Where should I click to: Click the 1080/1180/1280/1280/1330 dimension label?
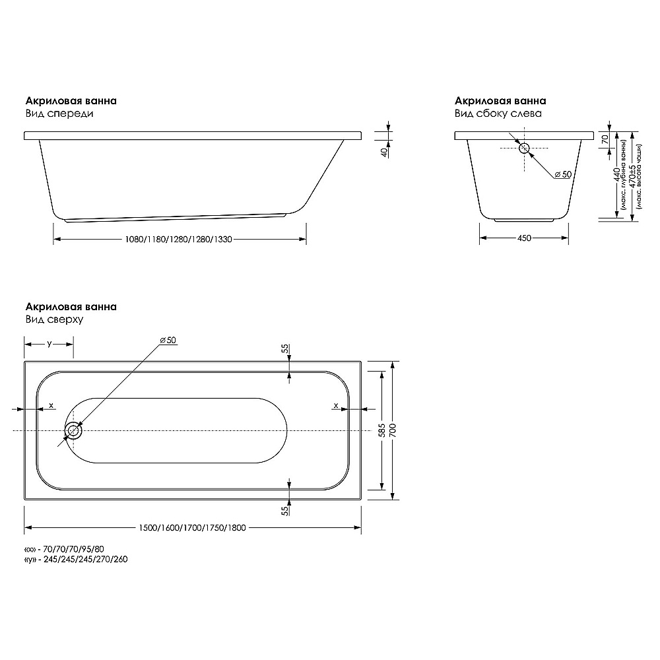coord(178,240)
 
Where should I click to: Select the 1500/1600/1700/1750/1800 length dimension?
coord(192,528)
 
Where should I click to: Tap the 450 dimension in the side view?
coord(524,238)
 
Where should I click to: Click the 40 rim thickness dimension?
coord(384,152)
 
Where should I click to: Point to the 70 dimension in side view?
coord(605,139)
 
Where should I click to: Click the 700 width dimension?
coord(393,430)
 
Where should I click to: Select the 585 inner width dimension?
coord(382,430)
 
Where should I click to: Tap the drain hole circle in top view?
coord(74,430)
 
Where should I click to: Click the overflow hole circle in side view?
coord(524,148)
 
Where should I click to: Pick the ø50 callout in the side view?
coord(563,174)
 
